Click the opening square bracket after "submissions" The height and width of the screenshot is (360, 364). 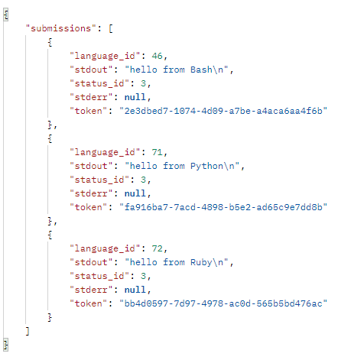(x=109, y=28)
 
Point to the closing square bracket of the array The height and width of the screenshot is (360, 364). (x=28, y=331)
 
